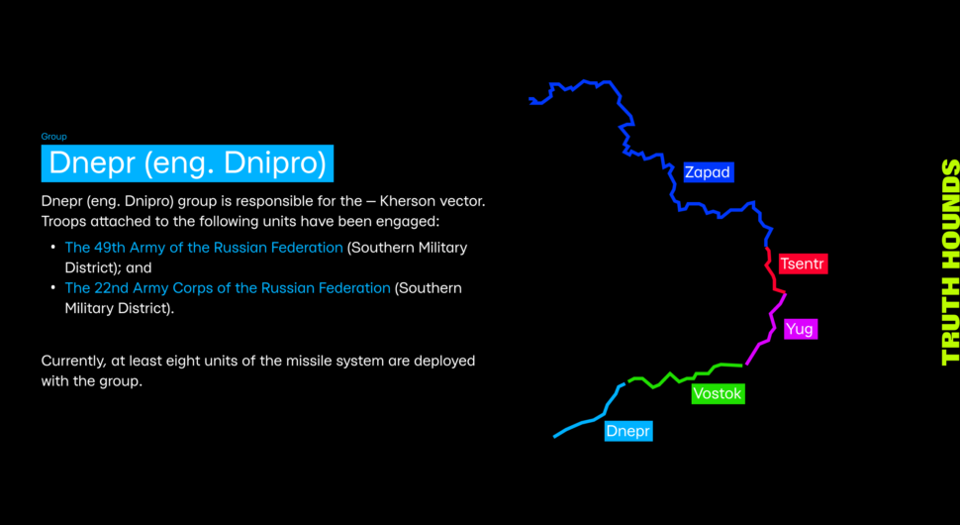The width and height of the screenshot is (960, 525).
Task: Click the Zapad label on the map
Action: point(709,172)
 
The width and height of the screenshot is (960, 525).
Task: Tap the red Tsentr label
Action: point(803,264)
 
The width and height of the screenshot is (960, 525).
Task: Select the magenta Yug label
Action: point(801,329)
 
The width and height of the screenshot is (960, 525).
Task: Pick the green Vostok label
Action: point(718,393)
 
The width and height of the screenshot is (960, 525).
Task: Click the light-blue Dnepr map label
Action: point(628,431)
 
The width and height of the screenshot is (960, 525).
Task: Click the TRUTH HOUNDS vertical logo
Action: point(949,262)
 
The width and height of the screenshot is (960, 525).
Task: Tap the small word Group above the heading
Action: point(53,137)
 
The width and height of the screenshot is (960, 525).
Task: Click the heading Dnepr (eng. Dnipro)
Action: point(187,163)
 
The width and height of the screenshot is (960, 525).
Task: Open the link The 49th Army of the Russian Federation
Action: point(204,248)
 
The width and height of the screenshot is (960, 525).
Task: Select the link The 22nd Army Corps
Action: point(228,288)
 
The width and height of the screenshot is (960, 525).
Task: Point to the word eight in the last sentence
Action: point(176,361)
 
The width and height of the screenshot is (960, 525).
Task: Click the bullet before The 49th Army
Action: point(53,248)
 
